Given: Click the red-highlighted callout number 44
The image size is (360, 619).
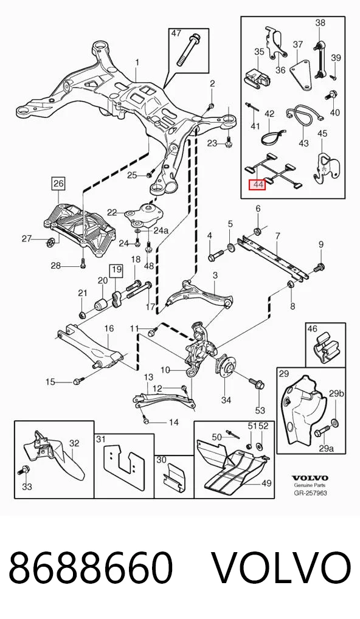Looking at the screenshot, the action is coord(257,184).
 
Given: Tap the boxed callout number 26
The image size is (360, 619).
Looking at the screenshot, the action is coord(58,183).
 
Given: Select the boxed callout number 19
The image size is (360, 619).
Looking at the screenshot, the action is coord(116,271).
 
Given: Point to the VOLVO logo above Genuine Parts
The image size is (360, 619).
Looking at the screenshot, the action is coord(310,478).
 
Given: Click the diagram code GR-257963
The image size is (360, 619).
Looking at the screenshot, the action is coord(310,493).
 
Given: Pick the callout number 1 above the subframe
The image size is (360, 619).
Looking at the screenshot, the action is coord(137,63).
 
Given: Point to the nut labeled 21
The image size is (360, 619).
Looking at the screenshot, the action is coord(83,314).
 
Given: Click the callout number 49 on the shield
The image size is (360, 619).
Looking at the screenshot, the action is coord(266,483).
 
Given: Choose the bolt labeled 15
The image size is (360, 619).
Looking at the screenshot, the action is coord(78,381).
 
